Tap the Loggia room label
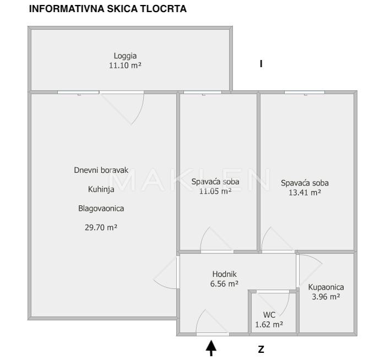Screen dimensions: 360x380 click(x=125, y=56)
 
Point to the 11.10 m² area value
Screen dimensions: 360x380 click(x=125, y=65)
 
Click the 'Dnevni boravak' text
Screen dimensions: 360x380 click(x=101, y=171)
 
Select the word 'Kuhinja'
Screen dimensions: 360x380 click(x=101, y=189)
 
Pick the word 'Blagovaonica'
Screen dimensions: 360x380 click(x=101, y=208)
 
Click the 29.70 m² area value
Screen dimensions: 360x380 click(x=101, y=227)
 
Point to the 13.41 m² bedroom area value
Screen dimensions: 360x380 click(x=301, y=193)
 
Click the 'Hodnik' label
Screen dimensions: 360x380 click(x=225, y=274)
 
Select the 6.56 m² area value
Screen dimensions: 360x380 click(x=225, y=284)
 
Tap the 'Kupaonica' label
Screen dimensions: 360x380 click(x=326, y=287)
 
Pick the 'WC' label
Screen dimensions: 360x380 click(x=269, y=315)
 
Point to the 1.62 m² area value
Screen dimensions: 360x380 click(x=269, y=325)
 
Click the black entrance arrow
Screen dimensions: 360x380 click(x=211, y=347)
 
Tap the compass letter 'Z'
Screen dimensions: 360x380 click(x=261, y=349)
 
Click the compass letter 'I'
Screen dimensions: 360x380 click(x=260, y=64)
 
